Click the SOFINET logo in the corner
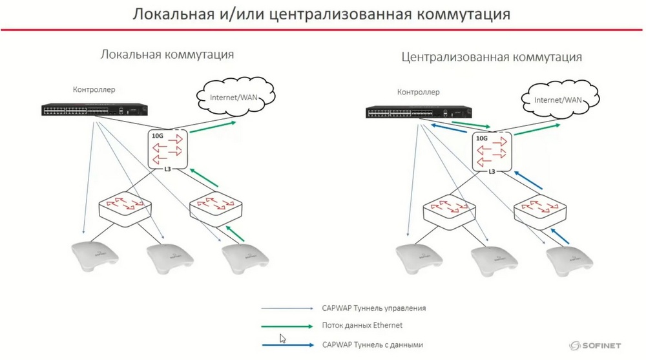[595, 346]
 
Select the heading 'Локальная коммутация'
[167, 54]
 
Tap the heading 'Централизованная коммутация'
[492, 57]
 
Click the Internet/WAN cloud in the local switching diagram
[236, 96]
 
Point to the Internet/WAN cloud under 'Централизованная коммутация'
[560, 98]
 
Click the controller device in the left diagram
[94, 110]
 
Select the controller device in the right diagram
[419, 112]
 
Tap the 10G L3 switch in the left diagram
[168, 149]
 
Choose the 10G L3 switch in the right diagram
[492, 152]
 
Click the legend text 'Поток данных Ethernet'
[362, 325]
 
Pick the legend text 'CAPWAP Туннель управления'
[373, 308]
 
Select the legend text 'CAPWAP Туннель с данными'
[373, 344]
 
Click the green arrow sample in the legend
[287, 326]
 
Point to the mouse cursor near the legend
[283, 339]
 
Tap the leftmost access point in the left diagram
[95, 256]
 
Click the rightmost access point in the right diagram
[569, 260]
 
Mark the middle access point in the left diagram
[170, 259]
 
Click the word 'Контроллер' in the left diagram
[94, 89]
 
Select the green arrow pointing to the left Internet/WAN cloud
[213, 127]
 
